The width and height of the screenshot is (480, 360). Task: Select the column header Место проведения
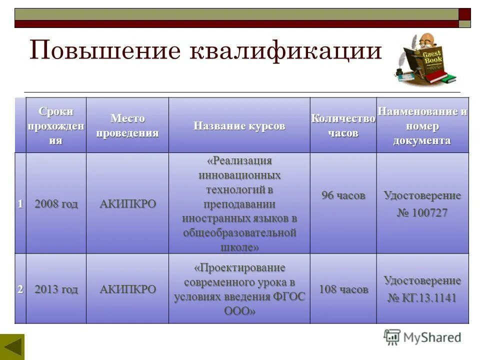point(127,125)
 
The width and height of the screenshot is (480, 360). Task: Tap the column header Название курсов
point(239,125)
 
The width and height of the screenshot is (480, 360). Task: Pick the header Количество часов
point(343,125)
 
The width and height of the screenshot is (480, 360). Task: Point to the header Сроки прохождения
point(55,125)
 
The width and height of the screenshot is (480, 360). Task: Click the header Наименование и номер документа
point(422,125)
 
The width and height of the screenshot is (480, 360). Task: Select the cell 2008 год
point(55,203)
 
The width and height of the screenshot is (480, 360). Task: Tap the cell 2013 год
point(55,289)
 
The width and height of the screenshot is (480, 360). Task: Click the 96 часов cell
point(343,195)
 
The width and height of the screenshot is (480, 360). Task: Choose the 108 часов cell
point(343,289)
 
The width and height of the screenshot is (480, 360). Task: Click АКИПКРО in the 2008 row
point(127,203)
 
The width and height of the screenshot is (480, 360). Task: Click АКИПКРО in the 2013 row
point(127,289)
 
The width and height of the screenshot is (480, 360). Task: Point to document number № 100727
point(422,213)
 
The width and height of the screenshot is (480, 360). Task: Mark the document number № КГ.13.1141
point(422,298)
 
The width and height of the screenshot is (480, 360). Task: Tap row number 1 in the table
point(20,203)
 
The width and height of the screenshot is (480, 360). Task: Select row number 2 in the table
point(20,289)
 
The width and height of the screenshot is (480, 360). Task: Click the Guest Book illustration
point(424,59)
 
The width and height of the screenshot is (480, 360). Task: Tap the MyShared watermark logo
point(422,337)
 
